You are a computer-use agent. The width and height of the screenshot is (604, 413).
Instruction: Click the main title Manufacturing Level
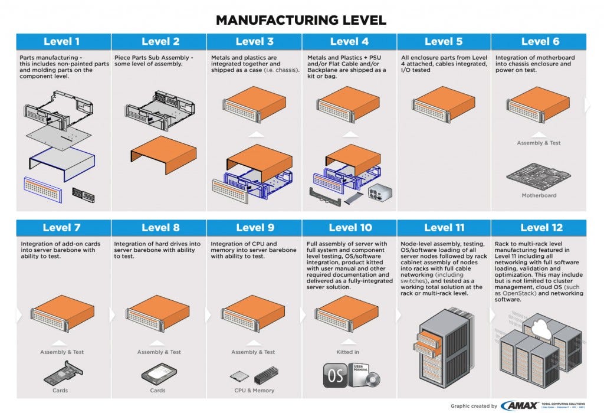click(301, 19)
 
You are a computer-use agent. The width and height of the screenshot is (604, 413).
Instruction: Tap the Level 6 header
click(539, 41)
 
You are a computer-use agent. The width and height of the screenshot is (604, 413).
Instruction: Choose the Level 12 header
click(539, 228)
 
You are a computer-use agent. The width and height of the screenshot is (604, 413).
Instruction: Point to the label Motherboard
click(539, 195)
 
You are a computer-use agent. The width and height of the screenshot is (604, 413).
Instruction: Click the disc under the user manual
click(373, 379)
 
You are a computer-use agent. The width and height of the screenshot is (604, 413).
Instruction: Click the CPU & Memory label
click(255, 391)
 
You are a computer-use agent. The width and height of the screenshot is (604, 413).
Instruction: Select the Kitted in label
click(347, 352)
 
